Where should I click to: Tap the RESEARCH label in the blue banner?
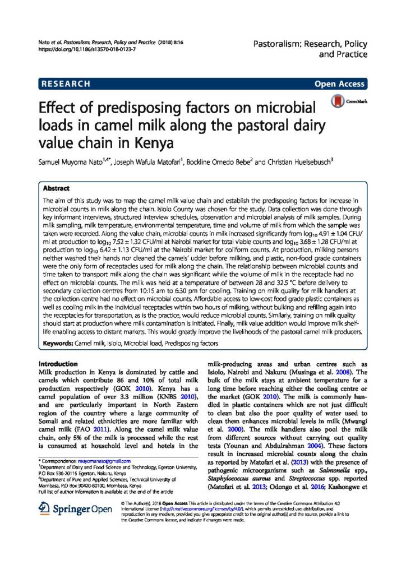click(66, 84)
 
